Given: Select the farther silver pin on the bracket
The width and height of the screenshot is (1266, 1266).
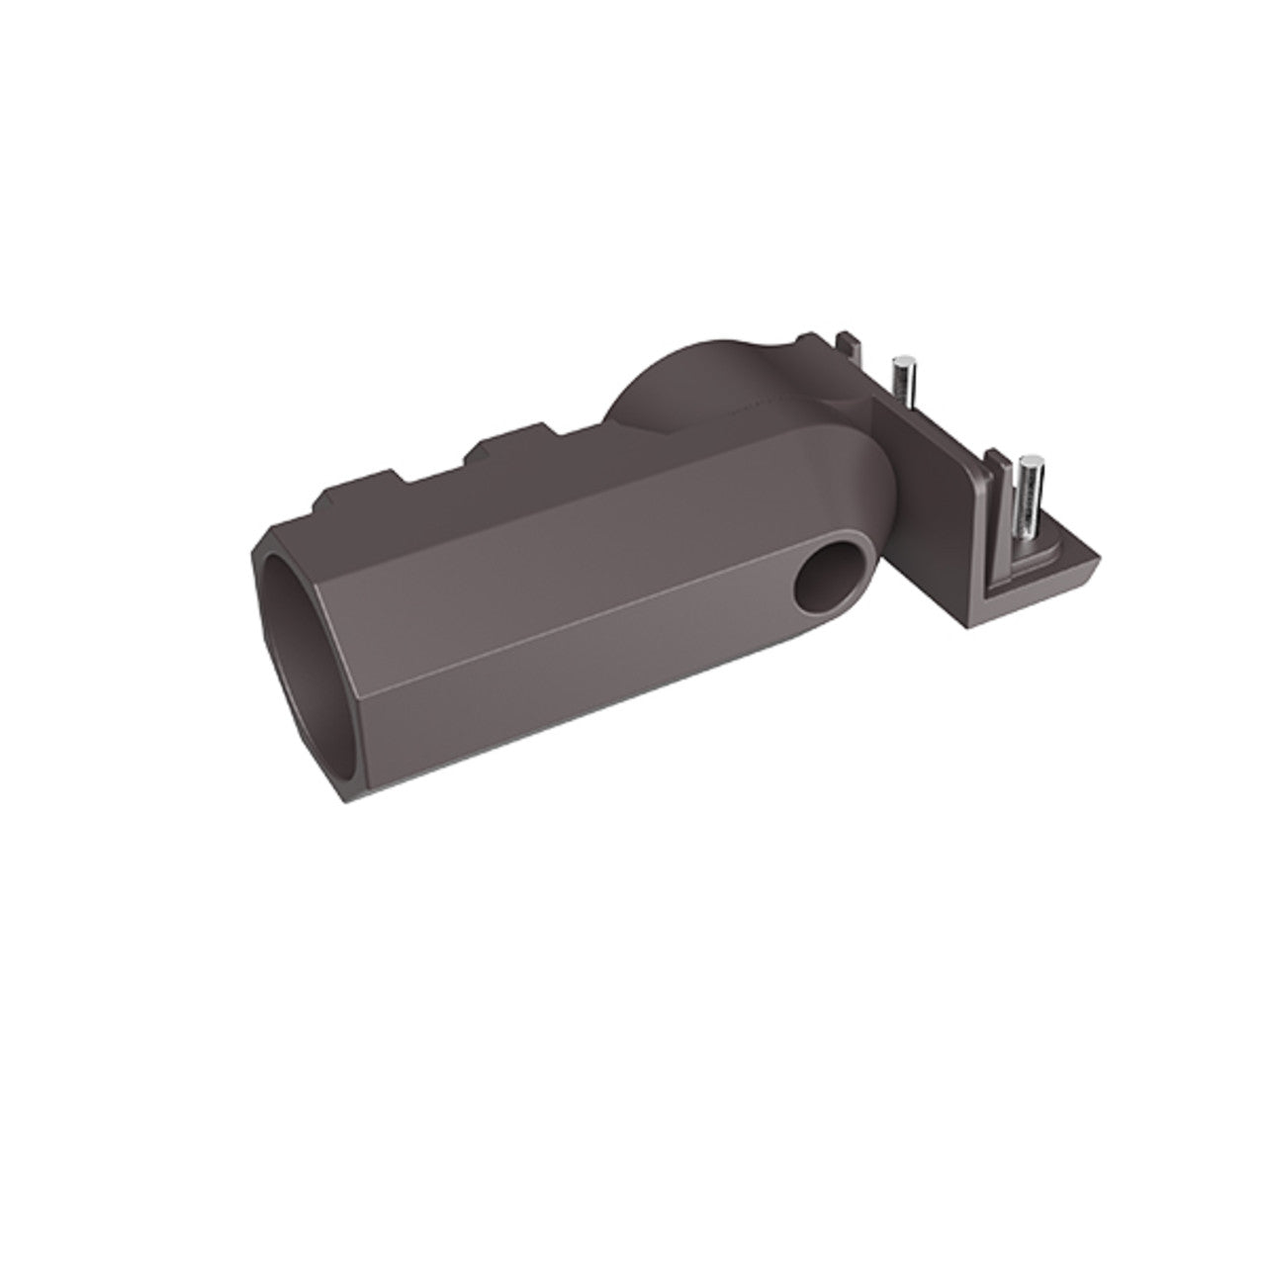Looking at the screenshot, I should tap(902, 377).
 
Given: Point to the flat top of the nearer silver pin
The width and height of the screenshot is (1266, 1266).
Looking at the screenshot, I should tap(1033, 461).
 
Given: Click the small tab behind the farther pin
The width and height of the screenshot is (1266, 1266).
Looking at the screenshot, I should tap(846, 347).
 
